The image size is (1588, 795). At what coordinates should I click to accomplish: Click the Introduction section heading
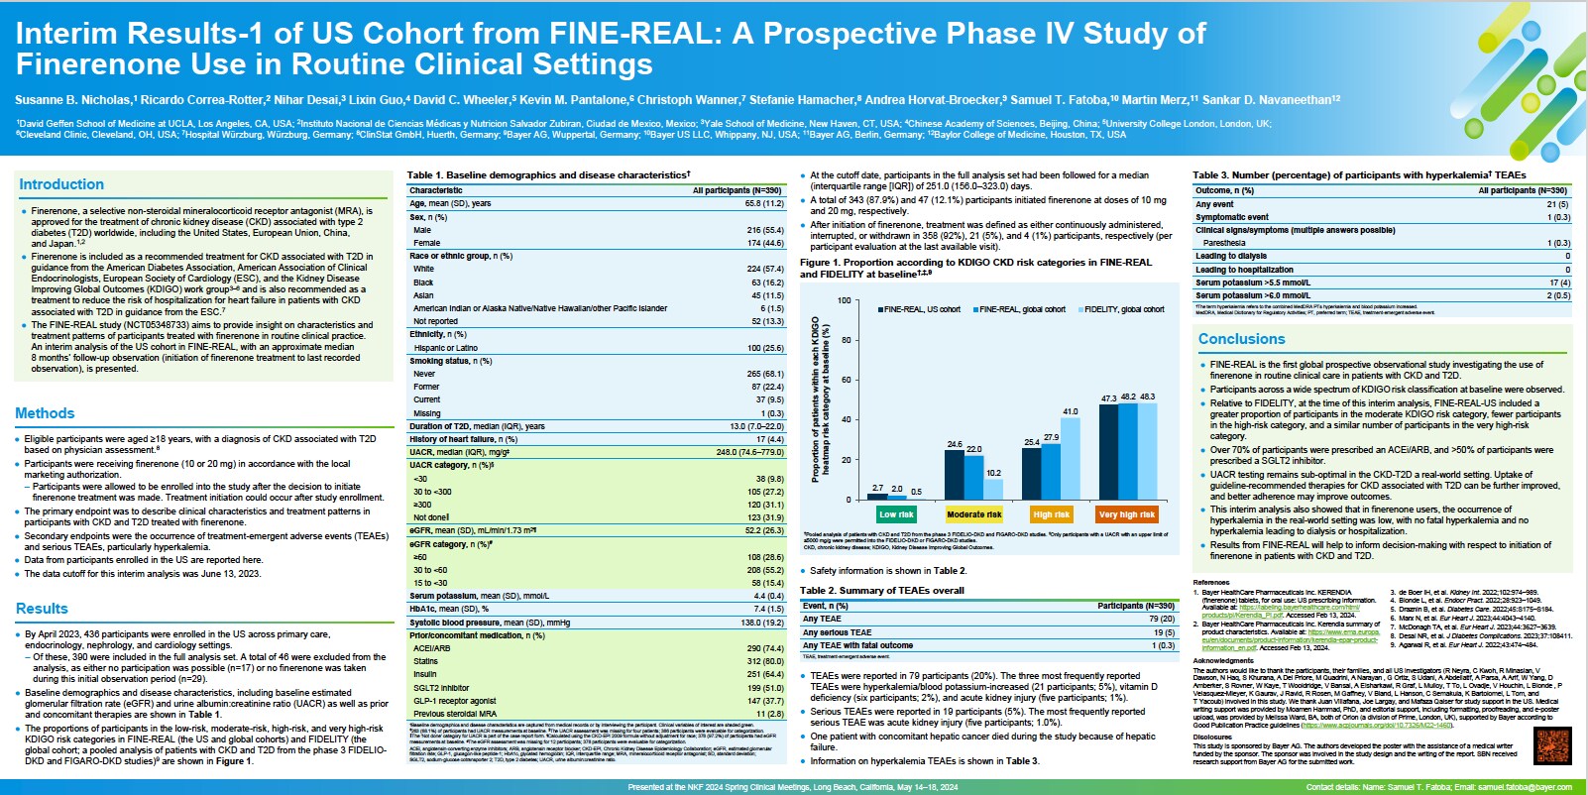click(x=61, y=184)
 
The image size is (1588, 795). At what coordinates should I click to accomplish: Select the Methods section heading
click(x=45, y=413)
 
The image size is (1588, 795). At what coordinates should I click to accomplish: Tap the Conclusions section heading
click(x=1241, y=339)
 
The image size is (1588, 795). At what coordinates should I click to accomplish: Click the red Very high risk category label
click(x=1127, y=514)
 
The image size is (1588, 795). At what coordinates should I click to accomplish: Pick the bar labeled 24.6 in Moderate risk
click(x=955, y=474)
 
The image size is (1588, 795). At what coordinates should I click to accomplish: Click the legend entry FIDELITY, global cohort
click(x=1123, y=309)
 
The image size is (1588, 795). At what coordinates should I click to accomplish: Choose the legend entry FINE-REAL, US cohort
click(x=921, y=309)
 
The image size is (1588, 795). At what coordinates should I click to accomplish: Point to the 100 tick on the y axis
click(x=844, y=300)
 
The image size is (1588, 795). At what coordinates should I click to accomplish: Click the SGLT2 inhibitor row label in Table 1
click(x=441, y=688)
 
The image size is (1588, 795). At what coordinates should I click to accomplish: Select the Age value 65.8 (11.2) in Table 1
click(x=763, y=203)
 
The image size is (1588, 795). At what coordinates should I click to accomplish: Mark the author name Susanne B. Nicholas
click(x=72, y=100)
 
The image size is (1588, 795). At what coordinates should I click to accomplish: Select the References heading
click(x=1211, y=583)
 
